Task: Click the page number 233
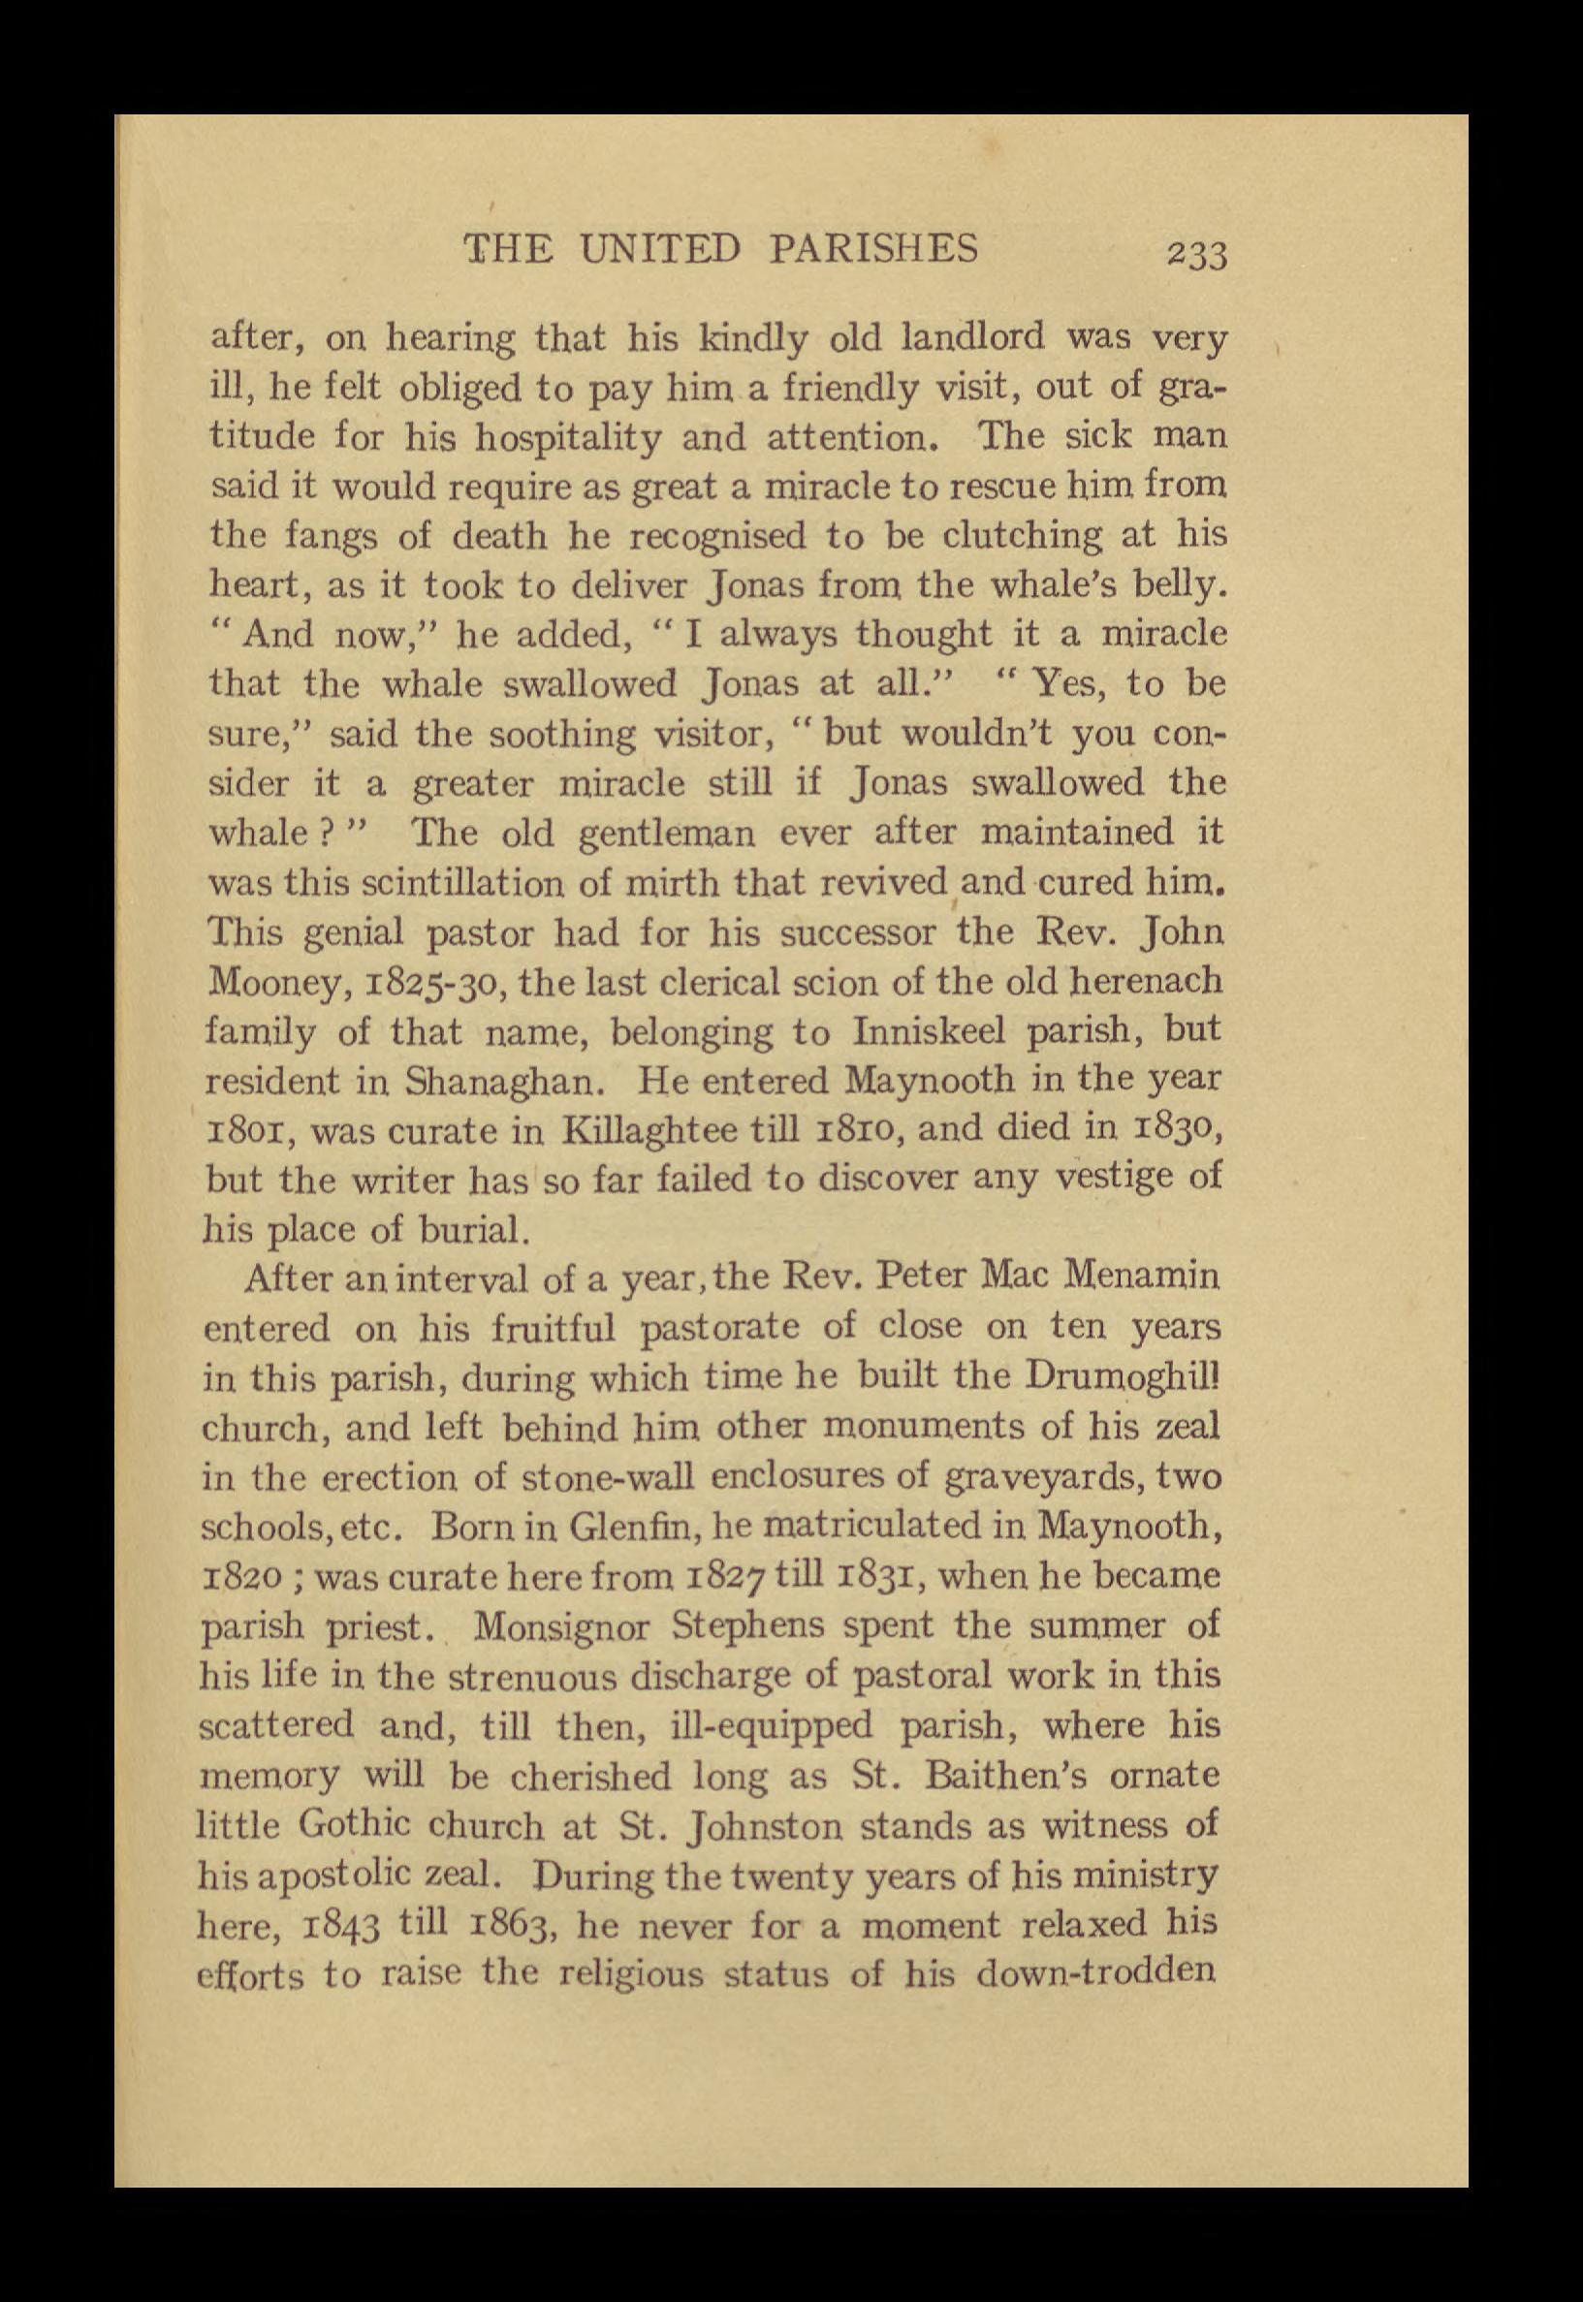pos(1197,254)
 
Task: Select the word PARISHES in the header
pos(873,248)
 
